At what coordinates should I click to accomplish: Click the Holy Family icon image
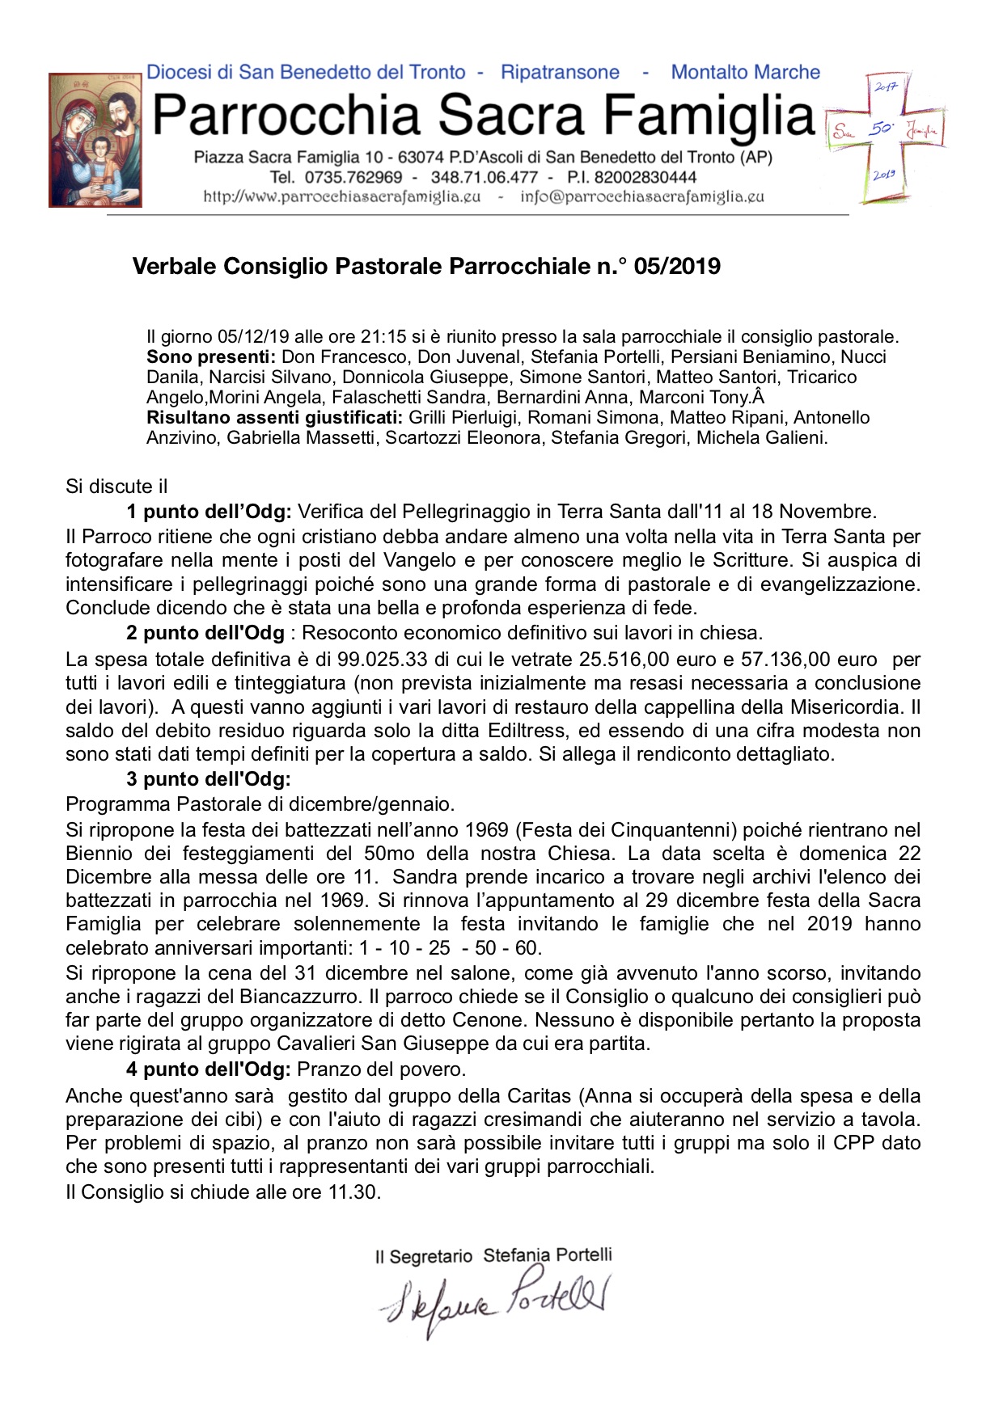click(x=95, y=140)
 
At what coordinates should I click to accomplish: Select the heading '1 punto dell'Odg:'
click(x=209, y=512)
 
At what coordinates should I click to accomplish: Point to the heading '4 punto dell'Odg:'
click(x=208, y=1069)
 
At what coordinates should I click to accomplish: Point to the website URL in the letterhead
click(x=342, y=196)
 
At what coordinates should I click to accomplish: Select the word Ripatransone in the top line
click(x=560, y=73)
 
